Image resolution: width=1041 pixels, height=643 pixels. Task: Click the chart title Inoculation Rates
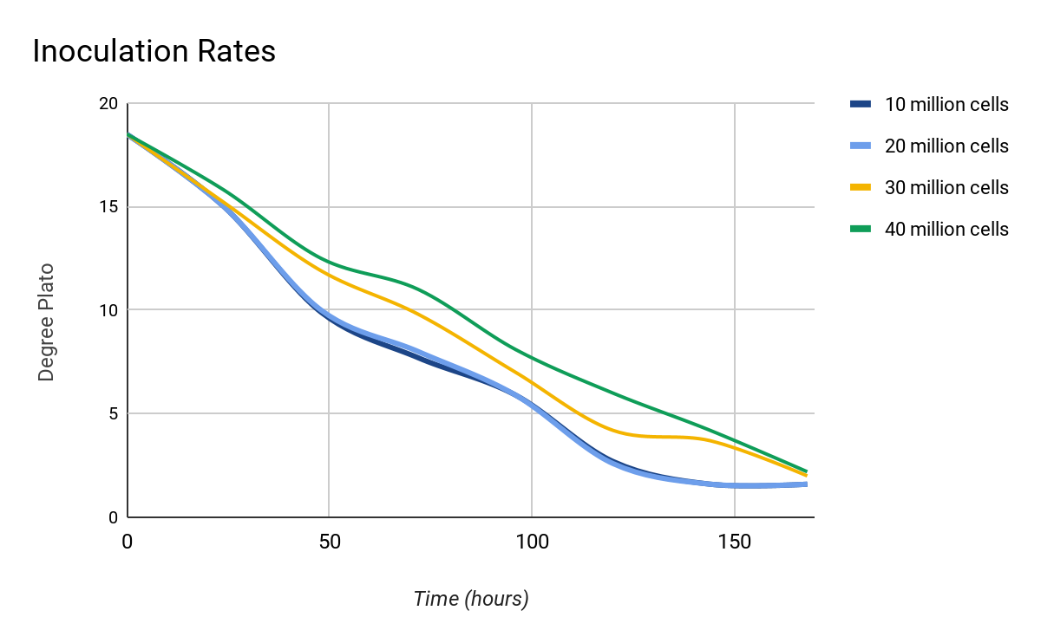(154, 52)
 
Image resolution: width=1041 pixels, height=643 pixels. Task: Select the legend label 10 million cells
(946, 105)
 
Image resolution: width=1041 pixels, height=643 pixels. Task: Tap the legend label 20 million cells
(946, 146)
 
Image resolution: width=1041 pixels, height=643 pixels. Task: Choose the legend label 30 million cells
(946, 188)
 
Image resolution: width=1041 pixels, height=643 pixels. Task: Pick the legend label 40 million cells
(946, 230)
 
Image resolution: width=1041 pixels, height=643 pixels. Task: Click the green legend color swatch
(860, 230)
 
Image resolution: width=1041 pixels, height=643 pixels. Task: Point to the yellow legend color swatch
(860, 188)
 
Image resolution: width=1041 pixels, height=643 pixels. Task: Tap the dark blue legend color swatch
(860, 105)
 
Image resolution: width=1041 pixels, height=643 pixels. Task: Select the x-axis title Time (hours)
(471, 599)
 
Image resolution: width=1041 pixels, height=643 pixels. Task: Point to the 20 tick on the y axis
(108, 104)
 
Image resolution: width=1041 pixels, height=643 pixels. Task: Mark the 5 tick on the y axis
(113, 413)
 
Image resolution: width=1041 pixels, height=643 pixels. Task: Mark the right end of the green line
(807, 471)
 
